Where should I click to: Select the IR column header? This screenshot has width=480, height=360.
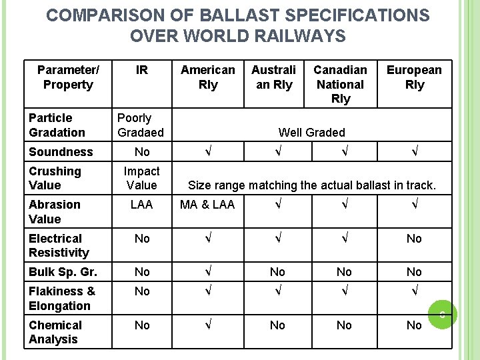(141, 70)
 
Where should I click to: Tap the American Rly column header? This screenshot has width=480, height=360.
(208, 77)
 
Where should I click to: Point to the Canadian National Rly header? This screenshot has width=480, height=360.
(340, 85)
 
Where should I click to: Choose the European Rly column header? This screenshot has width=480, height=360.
(414, 77)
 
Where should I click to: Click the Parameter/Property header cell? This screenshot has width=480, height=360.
(67, 77)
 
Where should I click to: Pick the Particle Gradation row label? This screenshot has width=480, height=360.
(57, 125)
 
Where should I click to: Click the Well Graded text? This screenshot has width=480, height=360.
(311, 133)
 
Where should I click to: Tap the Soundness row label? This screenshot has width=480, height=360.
(61, 152)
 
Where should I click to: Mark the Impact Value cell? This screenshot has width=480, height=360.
(141, 178)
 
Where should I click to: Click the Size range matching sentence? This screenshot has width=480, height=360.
(312, 185)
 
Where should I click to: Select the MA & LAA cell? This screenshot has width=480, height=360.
(207, 205)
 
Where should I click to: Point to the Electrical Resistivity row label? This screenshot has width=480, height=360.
(59, 245)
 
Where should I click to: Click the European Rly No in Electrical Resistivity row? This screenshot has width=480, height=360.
(414, 239)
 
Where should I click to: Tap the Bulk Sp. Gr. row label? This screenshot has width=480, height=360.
(63, 272)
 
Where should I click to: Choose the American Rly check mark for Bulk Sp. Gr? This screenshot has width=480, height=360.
(208, 272)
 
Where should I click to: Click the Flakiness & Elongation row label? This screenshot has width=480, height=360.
(61, 299)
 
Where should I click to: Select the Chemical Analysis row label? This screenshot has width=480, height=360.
(55, 332)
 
